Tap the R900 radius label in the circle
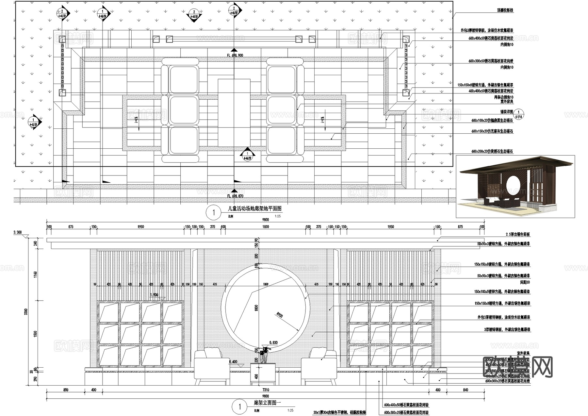click(280, 315)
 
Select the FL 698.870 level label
click(235, 196)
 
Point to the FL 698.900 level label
click(235, 56)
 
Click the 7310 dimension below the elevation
click(266, 390)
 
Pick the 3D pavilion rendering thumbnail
click(515, 186)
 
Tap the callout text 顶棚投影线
click(505, 10)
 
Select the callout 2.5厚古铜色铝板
click(518, 235)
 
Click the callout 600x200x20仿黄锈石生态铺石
click(492, 152)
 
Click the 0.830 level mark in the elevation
click(273, 342)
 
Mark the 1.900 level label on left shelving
click(154, 295)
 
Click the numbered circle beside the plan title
click(214, 213)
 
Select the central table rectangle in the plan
click(234, 113)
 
